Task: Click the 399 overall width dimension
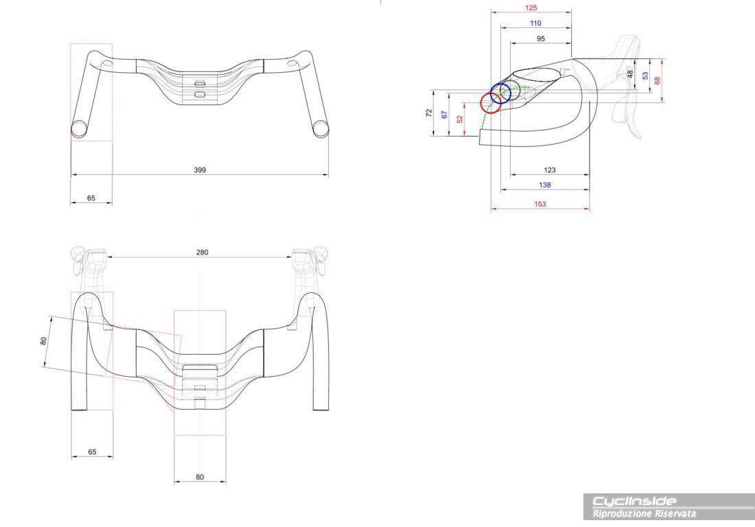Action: pos(200,169)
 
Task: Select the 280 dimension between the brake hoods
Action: pos(202,252)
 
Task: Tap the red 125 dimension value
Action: pos(531,8)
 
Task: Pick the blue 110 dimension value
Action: pos(535,23)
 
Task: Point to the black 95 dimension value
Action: pos(540,39)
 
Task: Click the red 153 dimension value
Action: pos(539,204)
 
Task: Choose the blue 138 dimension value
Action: pos(544,185)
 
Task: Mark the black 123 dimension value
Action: pos(549,169)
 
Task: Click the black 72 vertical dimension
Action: pos(429,113)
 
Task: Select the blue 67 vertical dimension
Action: pos(445,115)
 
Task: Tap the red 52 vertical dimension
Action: pos(460,119)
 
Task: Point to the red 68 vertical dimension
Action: pos(658,80)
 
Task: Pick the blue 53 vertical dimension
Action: pos(644,75)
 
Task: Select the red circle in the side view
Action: pos(491,103)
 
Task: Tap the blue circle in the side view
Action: pos(500,94)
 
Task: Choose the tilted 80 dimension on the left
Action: pos(43,340)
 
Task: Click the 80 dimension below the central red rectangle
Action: pos(200,477)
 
